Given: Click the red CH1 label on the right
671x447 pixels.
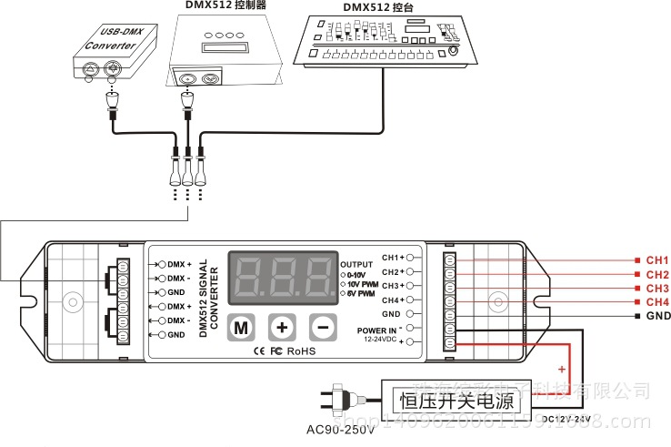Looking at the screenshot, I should (657, 260).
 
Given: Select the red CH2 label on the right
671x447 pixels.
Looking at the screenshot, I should (657, 275).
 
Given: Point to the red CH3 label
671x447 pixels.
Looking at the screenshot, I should (657, 289).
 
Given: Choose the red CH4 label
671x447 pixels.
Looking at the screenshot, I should (657, 302).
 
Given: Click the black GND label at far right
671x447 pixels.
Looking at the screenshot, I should (657, 316).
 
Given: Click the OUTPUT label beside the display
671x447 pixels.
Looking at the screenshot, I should (356, 263).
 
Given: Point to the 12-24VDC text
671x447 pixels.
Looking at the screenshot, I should (380, 340).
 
